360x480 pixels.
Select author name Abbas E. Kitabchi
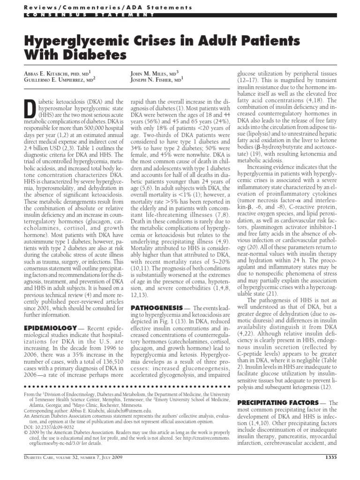tap(47, 74)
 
